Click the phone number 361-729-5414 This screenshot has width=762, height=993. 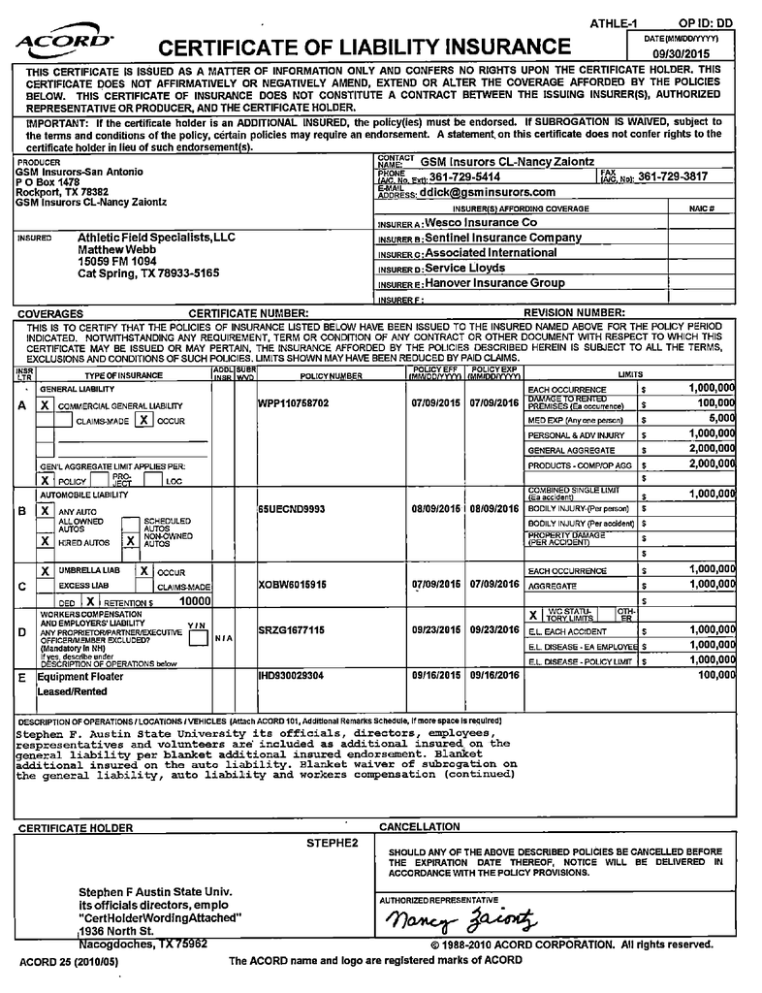pyautogui.click(x=464, y=176)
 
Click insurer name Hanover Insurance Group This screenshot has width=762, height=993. pyautogui.click(x=494, y=283)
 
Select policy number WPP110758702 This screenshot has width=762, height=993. pyautogui.click(x=294, y=402)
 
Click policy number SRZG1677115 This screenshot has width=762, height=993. pyautogui.click(x=291, y=630)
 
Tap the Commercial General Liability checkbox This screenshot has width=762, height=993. pyautogui.click(x=45, y=404)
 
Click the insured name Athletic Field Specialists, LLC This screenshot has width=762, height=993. pyautogui.click(x=156, y=238)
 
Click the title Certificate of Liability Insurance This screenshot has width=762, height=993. pyautogui.click(x=364, y=48)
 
